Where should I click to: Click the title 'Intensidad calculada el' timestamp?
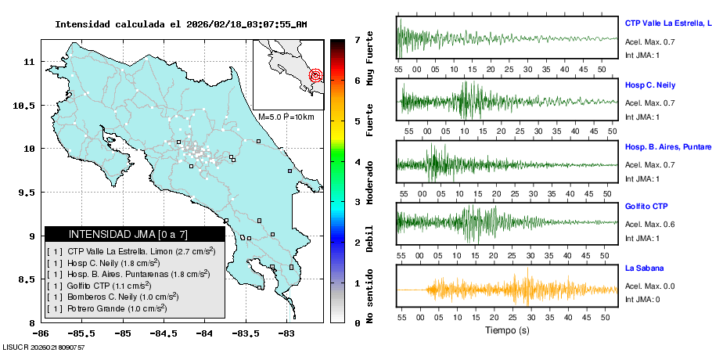pyautogui.click(x=181, y=24)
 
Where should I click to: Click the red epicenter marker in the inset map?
pyautogui.click(x=315, y=76)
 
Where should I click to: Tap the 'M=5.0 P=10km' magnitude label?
pyautogui.click(x=286, y=117)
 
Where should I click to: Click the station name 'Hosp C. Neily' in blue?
pyautogui.click(x=649, y=85)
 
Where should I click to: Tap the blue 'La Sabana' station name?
pyautogui.click(x=644, y=268)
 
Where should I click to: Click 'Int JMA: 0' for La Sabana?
pyautogui.click(x=642, y=299)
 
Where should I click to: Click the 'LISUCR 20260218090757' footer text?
pyautogui.click(x=44, y=347)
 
